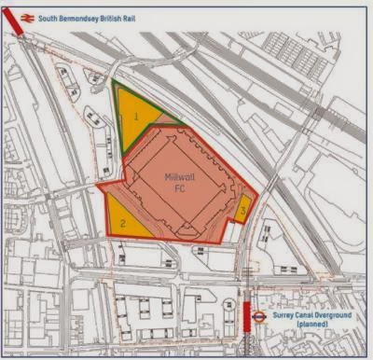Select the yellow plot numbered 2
tap(126, 220)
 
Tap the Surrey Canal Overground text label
tap(314, 314)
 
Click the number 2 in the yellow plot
tap(122, 223)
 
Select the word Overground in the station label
tap(333, 314)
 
